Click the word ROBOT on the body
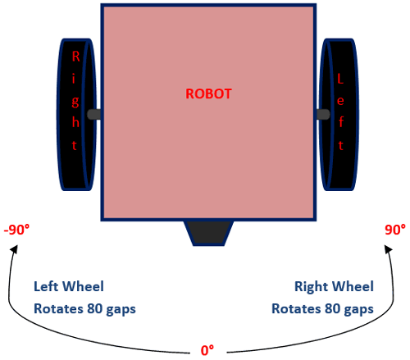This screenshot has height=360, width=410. pos(208,93)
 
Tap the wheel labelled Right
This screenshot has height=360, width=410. pos(77,114)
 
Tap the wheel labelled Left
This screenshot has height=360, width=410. pos(339,114)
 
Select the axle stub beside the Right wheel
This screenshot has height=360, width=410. pos(94,114)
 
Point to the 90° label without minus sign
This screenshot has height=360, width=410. pos(395,230)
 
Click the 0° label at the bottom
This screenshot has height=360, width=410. pos(207,349)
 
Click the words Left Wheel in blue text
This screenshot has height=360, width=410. pos(69,287)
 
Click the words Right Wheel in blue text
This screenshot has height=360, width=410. pos(334,287)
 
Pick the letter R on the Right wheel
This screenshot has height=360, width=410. pos(76,57)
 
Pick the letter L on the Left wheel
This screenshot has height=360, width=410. pos(340,79)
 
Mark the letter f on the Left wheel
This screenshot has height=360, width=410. pos(340,122)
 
